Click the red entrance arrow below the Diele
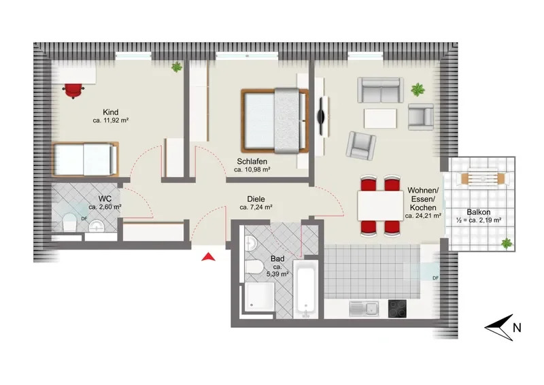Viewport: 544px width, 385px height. click(x=208, y=257)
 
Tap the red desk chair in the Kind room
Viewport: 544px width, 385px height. click(x=73, y=90)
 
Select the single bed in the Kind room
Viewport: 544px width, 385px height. click(x=86, y=159)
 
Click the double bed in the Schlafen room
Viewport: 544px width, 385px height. click(x=275, y=120)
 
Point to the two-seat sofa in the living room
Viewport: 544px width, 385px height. click(x=381, y=90)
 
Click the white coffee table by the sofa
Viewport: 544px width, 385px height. click(x=380, y=118)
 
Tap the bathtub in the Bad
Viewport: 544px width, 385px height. click(x=305, y=289)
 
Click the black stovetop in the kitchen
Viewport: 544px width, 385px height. click(x=397, y=309)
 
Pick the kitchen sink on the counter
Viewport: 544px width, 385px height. click(x=364, y=309)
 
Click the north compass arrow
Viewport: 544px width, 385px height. click(x=499, y=327)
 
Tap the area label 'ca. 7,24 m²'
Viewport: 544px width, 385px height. click(x=256, y=207)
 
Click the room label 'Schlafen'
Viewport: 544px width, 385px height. click(x=252, y=161)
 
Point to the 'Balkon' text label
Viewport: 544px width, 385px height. click(x=479, y=212)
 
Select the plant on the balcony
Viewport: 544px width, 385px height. click(x=507, y=244)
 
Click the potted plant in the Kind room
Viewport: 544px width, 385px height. click(x=177, y=67)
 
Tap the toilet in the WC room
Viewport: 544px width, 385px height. click(x=69, y=222)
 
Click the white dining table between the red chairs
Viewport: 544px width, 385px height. click(x=381, y=205)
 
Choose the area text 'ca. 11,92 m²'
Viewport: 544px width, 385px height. click(x=111, y=121)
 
